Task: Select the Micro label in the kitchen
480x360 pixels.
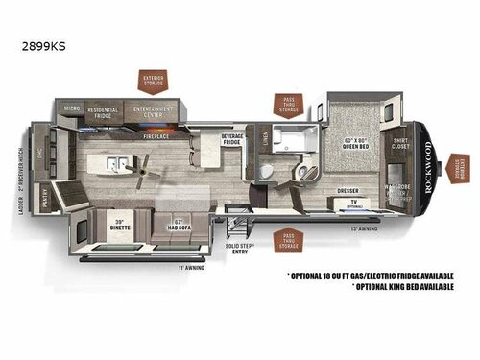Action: [x=71, y=109]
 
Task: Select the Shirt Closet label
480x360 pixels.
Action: [x=400, y=145]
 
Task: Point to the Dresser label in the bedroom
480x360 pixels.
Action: [x=348, y=190]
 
